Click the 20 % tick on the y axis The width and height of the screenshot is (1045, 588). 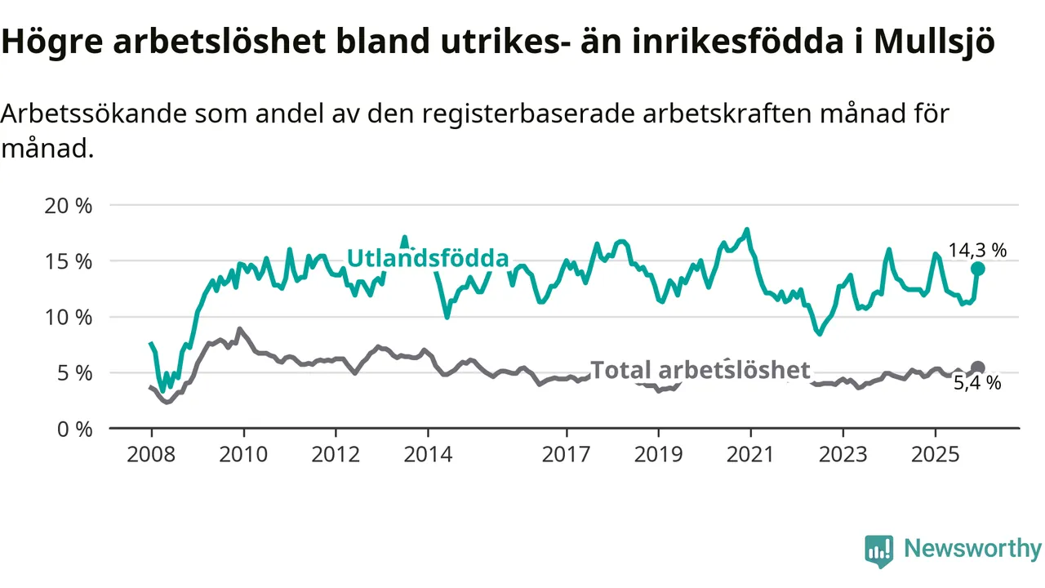[x=69, y=206]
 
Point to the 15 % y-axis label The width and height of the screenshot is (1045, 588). [x=69, y=261]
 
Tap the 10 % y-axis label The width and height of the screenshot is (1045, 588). [x=69, y=317]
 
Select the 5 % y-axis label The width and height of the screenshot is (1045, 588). [x=74, y=372]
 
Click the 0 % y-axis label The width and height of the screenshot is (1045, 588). [x=74, y=428]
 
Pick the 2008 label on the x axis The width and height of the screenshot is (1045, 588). [x=151, y=453]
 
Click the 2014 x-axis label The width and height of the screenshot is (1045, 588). [x=428, y=453]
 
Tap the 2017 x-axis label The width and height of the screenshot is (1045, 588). [x=567, y=453]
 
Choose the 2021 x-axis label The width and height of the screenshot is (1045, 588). [x=751, y=453]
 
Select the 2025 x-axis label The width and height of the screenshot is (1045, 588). [x=936, y=453]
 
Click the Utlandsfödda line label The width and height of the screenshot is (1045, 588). [x=428, y=258]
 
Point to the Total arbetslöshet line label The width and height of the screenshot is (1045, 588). [x=700, y=370]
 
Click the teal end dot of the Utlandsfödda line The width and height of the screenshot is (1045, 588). [x=977, y=269]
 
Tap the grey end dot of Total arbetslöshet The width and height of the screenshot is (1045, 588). [x=977, y=367]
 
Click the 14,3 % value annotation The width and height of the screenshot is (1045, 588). [x=977, y=250]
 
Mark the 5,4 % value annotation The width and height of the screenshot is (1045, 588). [x=977, y=383]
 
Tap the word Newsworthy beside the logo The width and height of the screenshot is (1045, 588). [x=972, y=549]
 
